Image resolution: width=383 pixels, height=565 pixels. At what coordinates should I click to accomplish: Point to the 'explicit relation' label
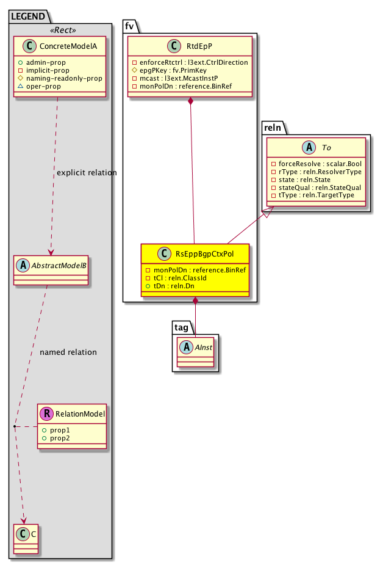(x=86, y=173)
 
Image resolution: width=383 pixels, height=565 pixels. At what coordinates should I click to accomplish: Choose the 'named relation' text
(x=68, y=352)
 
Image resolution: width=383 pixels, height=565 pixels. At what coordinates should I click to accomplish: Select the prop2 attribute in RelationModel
(x=60, y=439)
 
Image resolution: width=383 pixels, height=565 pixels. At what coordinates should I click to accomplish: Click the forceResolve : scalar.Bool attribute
(x=315, y=164)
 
